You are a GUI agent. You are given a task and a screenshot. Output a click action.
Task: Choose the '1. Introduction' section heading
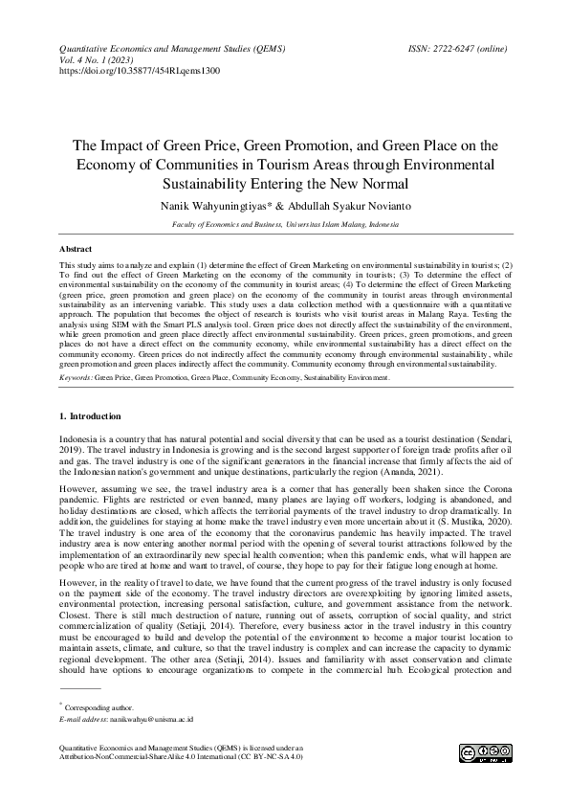click(x=90, y=416)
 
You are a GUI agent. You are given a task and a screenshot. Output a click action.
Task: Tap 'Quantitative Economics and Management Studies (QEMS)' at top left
click(x=171, y=47)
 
